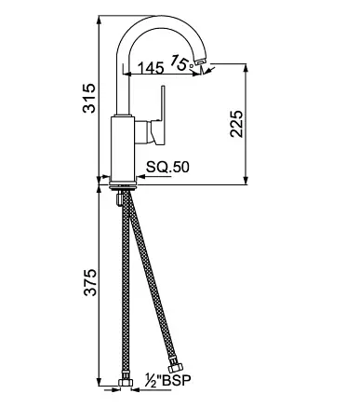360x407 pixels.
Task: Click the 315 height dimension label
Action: point(89,98)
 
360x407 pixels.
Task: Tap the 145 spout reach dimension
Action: point(151,68)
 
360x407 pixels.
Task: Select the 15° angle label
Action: point(181,62)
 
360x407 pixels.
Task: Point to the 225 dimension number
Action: point(236,123)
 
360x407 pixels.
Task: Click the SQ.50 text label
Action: point(167,168)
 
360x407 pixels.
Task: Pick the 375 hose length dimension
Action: point(90,282)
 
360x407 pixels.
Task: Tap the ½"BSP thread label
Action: point(168,380)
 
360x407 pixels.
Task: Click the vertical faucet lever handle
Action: point(163,115)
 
